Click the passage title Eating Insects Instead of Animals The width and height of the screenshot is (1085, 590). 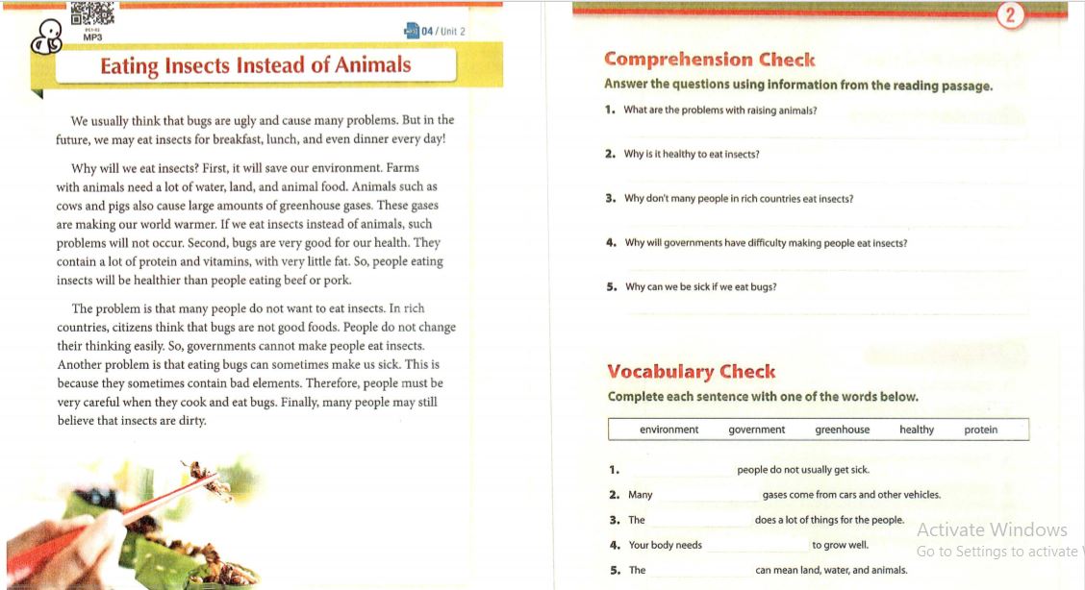coord(256,65)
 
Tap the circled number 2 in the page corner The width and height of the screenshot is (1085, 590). coord(1009,15)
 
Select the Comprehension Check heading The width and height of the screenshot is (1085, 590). coord(709,60)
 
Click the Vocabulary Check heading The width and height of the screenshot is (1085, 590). coord(691,372)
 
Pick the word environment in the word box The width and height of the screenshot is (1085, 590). coord(669,430)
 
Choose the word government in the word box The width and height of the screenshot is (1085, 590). coord(756,430)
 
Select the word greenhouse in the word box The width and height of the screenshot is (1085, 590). coord(842,430)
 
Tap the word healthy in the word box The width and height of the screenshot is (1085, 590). coord(916,430)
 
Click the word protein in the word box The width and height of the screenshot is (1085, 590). coord(980,430)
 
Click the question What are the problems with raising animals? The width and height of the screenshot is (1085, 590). coord(719,110)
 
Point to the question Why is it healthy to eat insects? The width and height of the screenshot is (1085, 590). coord(692,154)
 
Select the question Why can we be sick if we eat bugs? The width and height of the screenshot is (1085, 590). coord(700,286)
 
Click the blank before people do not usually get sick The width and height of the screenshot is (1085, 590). coord(678,471)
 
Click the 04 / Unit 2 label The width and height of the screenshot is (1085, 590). coord(442,32)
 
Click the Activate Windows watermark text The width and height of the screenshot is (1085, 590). coord(992,529)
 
